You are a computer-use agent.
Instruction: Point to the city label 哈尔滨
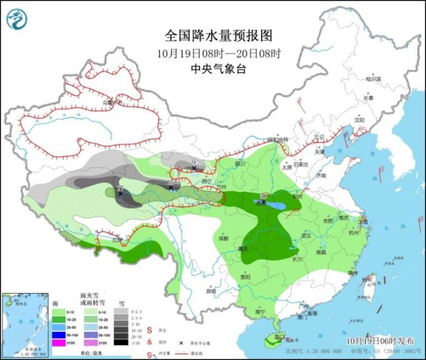pos(373,79)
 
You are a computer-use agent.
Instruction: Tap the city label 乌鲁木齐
pos(112,103)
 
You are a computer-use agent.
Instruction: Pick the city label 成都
pos(222,238)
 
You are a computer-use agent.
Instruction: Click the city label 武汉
pos(306,235)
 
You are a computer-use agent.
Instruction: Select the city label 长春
pos(368,97)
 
